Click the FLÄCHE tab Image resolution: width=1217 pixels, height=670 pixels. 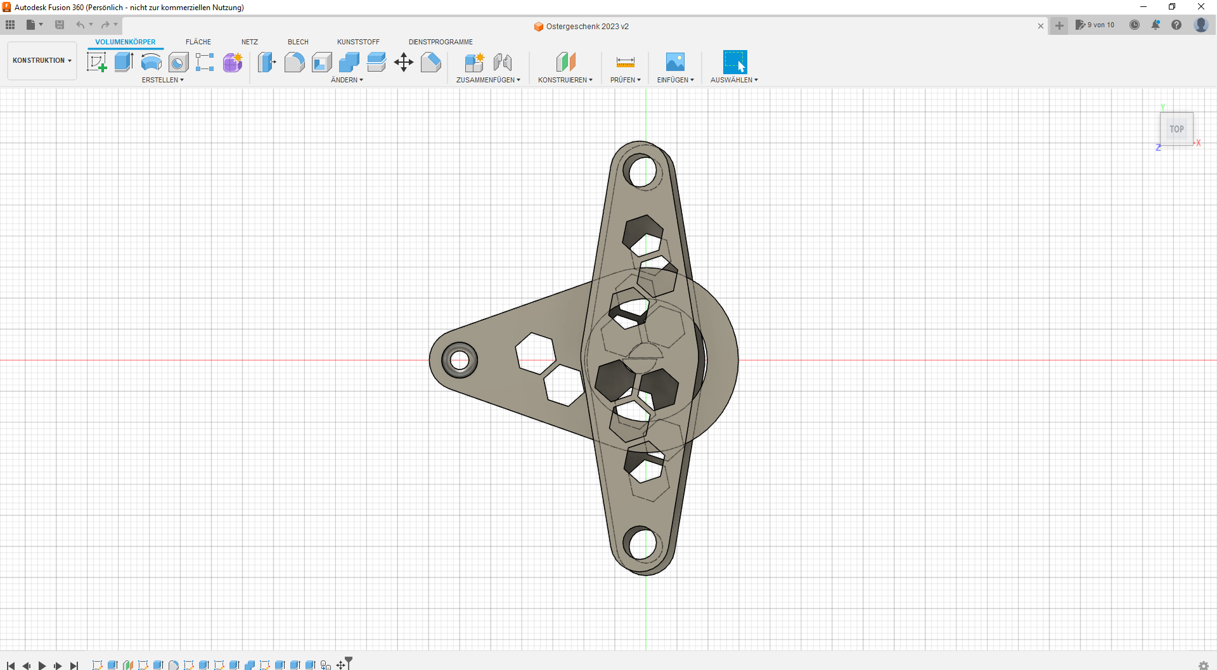pos(198,42)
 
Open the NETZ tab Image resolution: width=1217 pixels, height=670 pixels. pos(250,42)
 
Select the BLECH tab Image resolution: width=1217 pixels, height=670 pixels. pos(298,42)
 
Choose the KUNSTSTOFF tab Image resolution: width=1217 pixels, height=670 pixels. pos(358,42)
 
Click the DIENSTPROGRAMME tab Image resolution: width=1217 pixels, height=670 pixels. pos(441,42)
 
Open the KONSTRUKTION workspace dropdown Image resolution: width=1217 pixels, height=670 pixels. pos(42,61)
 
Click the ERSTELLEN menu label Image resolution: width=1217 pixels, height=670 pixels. pos(162,80)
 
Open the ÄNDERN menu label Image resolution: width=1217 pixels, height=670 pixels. pos(347,80)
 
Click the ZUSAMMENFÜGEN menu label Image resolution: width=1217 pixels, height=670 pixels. pos(488,80)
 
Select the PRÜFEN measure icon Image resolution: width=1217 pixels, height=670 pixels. pos(625,62)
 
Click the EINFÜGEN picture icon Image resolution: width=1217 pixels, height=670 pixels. pos(675,62)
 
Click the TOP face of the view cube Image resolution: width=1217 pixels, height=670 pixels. pos(1176,129)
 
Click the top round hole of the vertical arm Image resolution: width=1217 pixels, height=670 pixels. pos(643,171)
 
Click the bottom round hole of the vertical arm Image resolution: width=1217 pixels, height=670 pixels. pos(643,544)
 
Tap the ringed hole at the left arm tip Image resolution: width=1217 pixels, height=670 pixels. pos(460,361)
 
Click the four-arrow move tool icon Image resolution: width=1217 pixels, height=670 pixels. pos(404,62)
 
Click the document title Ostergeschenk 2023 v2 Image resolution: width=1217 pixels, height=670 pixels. pos(587,27)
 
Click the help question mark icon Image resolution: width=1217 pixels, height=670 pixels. pos(1176,25)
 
